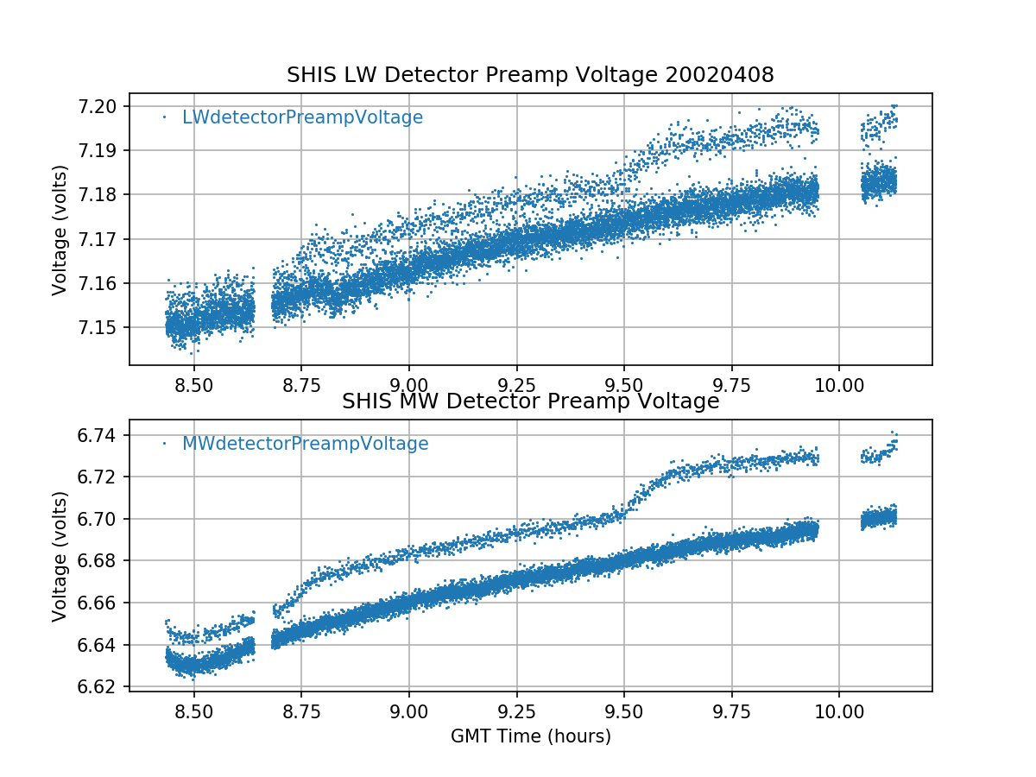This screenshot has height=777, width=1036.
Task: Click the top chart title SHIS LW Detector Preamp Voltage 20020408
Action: [530, 75]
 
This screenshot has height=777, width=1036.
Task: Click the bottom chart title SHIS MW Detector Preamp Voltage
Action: [530, 401]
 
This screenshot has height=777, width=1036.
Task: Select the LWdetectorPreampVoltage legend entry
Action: [302, 117]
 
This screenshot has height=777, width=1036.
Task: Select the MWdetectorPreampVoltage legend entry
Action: [305, 444]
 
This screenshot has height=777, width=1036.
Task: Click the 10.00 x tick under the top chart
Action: [839, 382]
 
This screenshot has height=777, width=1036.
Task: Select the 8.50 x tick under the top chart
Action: [193, 382]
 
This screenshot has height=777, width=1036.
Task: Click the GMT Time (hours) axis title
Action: [530, 736]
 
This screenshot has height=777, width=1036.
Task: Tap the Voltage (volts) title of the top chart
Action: [60, 230]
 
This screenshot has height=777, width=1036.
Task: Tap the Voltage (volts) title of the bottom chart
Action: [60, 556]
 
